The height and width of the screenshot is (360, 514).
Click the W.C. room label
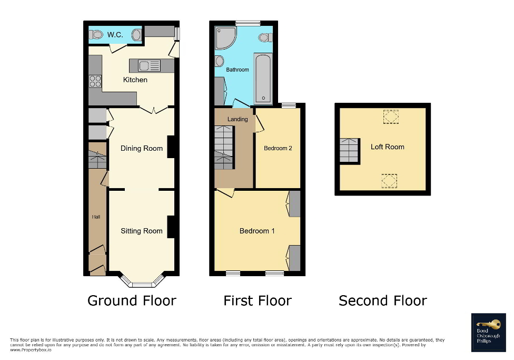click(x=116, y=35)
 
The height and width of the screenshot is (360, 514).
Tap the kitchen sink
click(x=150, y=66)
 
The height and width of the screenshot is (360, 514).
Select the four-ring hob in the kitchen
click(x=95, y=81)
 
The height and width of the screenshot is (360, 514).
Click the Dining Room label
click(x=141, y=148)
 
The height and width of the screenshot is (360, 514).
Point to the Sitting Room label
click(x=141, y=231)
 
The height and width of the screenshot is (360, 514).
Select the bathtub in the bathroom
click(x=263, y=77)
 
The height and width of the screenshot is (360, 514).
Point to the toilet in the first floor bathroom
click(x=265, y=37)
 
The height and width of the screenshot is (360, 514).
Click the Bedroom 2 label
click(x=278, y=148)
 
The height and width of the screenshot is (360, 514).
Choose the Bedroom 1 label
click(x=257, y=231)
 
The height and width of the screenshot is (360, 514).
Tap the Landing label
click(x=238, y=119)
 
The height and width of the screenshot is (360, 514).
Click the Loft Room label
click(x=387, y=147)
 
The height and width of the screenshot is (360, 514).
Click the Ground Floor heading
click(x=131, y=301)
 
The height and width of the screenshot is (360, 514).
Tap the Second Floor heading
click(x=382, y=301)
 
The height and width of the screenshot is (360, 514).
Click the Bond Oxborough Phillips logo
click(x=488, y=333)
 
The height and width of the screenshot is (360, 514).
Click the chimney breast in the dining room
click(x=171, y=147)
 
